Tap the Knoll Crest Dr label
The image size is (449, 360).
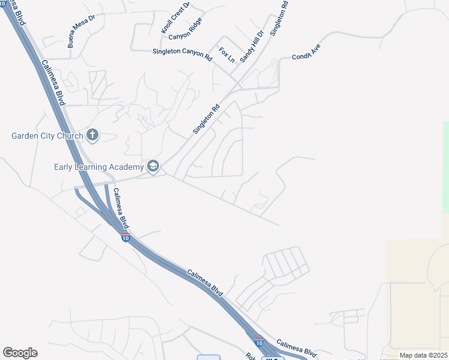[175, 17]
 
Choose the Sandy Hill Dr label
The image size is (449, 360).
[252, 47]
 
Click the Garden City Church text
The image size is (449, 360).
[47, 136]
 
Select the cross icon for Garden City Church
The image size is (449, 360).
[92, 135]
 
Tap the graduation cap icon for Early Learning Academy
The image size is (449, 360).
[153, 166]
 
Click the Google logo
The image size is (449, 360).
[20, 353]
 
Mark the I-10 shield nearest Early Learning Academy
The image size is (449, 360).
[125, 238]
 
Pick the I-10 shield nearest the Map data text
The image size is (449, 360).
[259, 342]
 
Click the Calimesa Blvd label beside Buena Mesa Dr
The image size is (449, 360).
[53, 82]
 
